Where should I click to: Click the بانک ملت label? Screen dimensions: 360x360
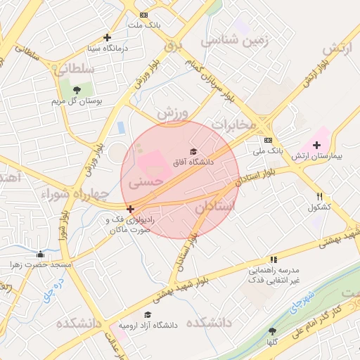click(144, 25)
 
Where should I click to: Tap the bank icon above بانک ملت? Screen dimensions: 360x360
click(144, 15)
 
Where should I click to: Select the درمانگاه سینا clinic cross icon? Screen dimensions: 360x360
click(107, 38)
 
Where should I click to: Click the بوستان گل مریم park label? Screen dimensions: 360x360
click(77, 102)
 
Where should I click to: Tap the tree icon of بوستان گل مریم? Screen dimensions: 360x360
click(77, 90)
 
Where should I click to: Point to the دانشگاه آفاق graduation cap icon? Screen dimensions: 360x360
click(193, 151)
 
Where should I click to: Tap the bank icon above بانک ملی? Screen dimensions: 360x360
click(267, 139)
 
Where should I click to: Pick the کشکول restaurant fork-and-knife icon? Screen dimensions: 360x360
click(319, 197)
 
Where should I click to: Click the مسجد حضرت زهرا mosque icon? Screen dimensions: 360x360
click(40, 254)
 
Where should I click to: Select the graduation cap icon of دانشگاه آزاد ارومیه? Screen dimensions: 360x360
click(148, 314)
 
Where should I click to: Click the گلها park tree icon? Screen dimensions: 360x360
click(272, 331)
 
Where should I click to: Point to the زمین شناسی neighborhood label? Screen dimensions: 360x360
click(235, 41)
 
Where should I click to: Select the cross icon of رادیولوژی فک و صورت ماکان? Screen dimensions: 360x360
click(130, 209)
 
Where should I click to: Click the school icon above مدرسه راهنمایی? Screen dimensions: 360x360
click(273, 259)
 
